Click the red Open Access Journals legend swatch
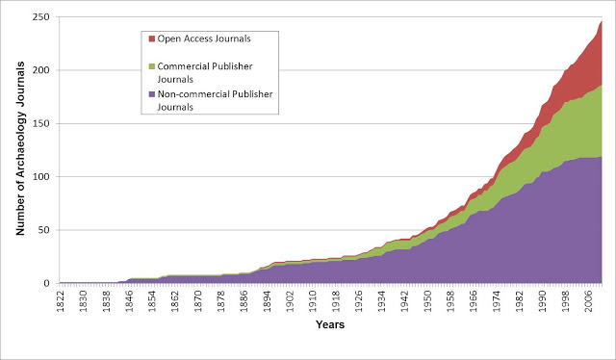152,39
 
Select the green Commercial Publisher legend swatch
152,66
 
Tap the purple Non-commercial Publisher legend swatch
152,94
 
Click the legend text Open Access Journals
204,39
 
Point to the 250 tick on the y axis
41,17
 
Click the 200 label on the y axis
41,70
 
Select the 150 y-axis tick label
41,123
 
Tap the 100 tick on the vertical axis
41,177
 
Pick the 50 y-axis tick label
44,230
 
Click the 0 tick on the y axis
47,283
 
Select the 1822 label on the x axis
60,301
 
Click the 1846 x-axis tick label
129,301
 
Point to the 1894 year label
268,301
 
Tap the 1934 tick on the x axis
382,301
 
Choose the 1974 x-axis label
497,301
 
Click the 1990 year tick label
543,301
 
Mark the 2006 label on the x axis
588,301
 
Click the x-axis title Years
330,324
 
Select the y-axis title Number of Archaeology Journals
20,148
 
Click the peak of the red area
601,21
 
